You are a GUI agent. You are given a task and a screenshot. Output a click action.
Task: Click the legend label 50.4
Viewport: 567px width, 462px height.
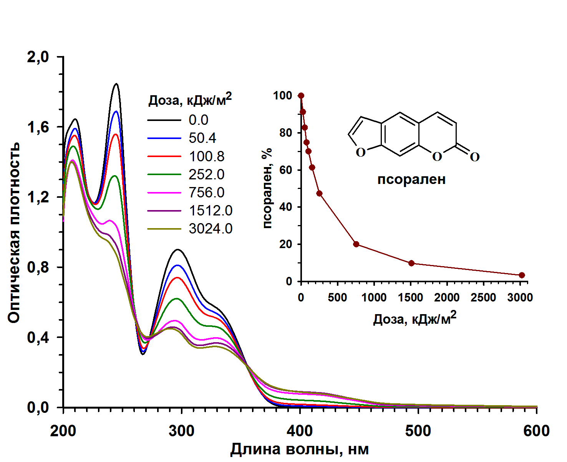pos(202,138)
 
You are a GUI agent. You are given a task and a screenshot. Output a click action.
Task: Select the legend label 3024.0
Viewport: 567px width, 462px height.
pos(211,229)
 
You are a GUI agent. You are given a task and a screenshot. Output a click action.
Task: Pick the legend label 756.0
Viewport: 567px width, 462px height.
pos(206,192)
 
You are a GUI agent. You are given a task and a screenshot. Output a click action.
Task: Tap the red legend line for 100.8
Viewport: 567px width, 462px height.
pos(164,156)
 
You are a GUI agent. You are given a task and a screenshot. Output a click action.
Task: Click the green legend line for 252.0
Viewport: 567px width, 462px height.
pos(164,174)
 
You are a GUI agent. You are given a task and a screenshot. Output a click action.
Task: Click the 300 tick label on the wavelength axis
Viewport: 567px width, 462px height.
pos(181,431)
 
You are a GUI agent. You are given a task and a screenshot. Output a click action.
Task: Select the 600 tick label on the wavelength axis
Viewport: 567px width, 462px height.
pos(536,431)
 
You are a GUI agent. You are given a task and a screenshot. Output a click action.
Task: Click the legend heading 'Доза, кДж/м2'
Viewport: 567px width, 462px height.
pos(190,100)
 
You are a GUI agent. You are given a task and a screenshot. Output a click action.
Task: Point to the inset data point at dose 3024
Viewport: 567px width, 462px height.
pos(522,275)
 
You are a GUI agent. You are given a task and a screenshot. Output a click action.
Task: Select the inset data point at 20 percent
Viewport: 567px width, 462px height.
pos(356,244)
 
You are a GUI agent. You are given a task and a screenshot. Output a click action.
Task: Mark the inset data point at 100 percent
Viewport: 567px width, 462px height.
pos(301,96)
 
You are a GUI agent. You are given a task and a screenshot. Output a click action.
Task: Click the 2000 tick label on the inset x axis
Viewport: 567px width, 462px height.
pos(448,298)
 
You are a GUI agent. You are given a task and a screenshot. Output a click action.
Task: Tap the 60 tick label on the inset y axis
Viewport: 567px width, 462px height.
pos(285,170)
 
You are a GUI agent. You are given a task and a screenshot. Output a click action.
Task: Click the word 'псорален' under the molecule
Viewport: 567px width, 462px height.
pos(411,179)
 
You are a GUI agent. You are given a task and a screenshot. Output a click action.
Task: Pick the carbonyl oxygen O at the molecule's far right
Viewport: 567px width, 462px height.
pos(475,157)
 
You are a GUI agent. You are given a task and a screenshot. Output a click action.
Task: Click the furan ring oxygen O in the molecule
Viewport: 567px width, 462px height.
pos(360,152)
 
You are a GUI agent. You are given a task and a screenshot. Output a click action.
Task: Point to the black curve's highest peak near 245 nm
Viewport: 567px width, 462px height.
pos(116,84)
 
